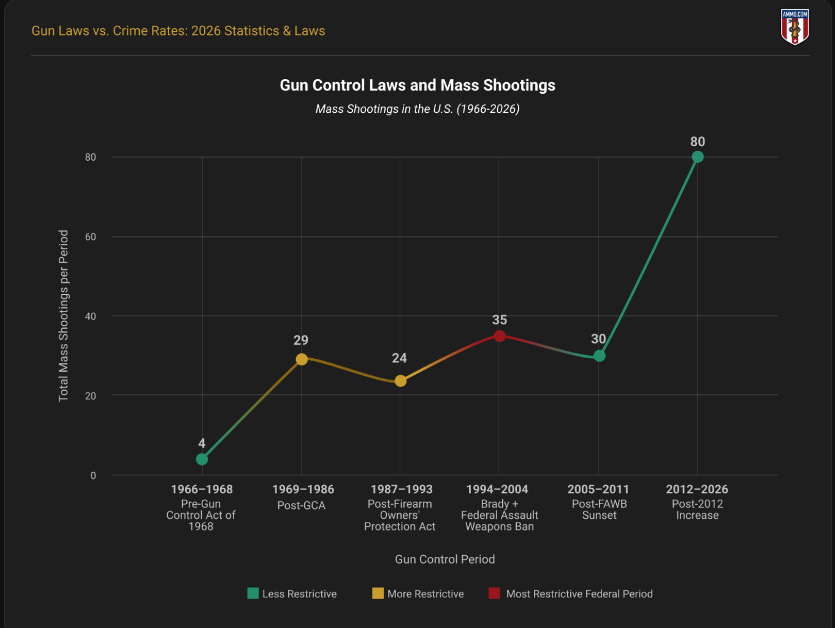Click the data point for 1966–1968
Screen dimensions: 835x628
202,459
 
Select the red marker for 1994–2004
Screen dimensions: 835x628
500,336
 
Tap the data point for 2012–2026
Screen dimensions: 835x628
697,157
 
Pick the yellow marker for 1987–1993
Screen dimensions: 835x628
400,381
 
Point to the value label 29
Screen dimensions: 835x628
301,340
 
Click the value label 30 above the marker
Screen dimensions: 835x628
598,339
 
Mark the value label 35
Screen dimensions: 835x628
500,320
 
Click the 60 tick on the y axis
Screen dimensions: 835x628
91,237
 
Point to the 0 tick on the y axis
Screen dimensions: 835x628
93,475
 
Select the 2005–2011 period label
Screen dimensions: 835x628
598,489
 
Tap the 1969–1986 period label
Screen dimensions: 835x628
303,489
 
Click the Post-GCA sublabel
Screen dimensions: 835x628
301,505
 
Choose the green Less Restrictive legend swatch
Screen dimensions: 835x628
253,594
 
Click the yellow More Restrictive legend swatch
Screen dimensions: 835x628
378,594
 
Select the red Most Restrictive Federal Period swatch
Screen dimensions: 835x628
494,594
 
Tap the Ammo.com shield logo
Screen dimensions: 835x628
795,26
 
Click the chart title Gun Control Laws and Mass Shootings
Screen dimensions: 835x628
417,85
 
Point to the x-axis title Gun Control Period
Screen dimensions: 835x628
445,559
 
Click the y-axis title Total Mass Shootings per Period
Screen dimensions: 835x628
63,316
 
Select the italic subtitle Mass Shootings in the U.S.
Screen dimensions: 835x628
417,109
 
